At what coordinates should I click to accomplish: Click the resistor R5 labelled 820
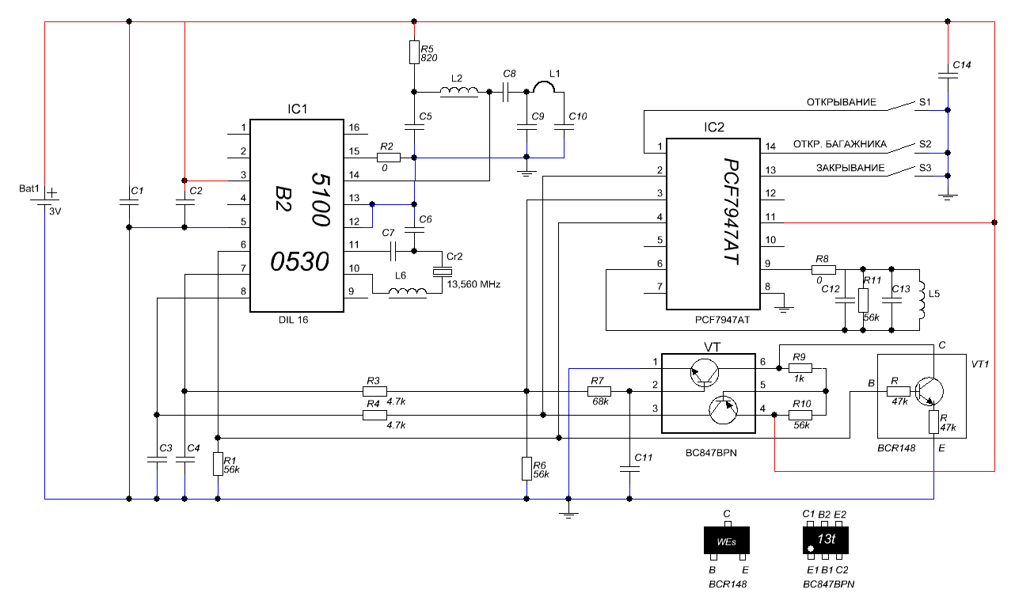coord(413,52)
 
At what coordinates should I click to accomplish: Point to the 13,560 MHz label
coord(474,283)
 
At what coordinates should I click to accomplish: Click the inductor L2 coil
coord(459,93)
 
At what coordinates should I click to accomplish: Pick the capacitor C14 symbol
coord(948,76)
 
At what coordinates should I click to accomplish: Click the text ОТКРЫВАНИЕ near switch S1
coord(841,102)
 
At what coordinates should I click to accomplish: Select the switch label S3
coord(925,168)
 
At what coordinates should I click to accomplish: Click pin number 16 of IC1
coord(353,127)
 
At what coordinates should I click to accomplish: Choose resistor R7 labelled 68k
coord(600,390)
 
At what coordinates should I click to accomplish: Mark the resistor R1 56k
coord(218,464)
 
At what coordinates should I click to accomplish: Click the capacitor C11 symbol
coord(629,468)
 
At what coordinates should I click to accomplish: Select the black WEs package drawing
coord(726,541)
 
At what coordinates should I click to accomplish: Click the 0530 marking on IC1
coord(301,261)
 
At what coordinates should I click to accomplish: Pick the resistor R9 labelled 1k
coord(800,367)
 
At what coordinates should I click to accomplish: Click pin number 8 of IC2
coord(767,287)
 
